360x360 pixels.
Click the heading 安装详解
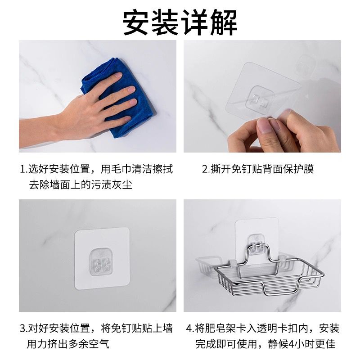click(180, 22)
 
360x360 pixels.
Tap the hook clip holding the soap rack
click(256, 244)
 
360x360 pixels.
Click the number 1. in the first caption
click(24, 170)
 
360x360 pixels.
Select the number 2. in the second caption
click(206, 170)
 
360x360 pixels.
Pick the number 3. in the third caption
click(24, 328)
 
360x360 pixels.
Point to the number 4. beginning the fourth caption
click(190, 328)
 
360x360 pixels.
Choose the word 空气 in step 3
click(99, 344)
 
